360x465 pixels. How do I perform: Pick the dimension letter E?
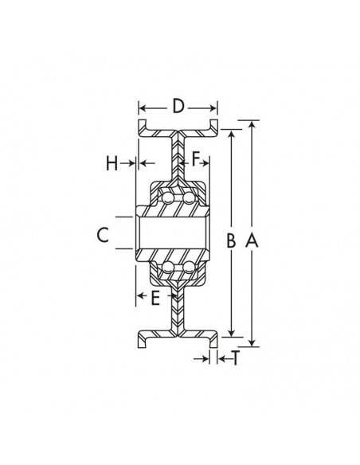point(156,298)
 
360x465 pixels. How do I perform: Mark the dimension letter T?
point(236,358)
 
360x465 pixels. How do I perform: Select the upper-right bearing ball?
point(189,198)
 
